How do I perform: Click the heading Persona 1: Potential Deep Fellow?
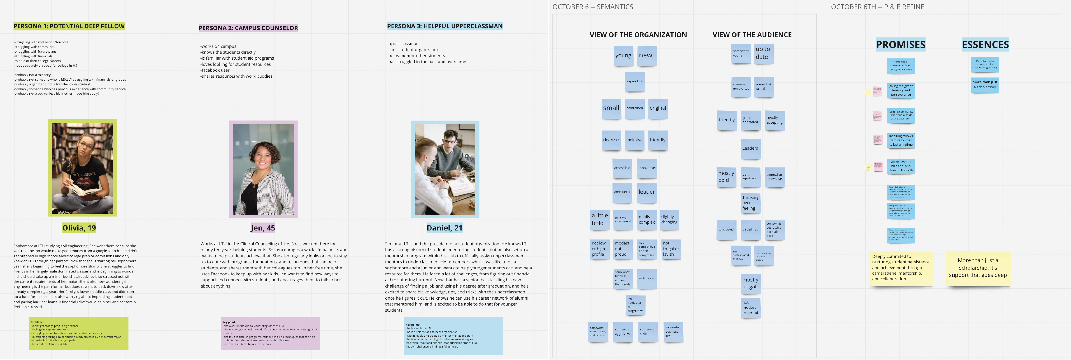click(69, 26)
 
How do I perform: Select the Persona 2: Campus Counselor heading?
click(248, 28)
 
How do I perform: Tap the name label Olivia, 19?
click(79, 228)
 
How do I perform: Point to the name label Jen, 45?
click(263, 228)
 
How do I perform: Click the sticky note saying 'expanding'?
click(634, 81)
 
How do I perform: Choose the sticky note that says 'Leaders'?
click(750, 148)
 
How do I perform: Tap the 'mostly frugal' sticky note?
click(750, 284)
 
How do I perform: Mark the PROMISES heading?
click(901, 44)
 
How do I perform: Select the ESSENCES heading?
click(985, 44)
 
